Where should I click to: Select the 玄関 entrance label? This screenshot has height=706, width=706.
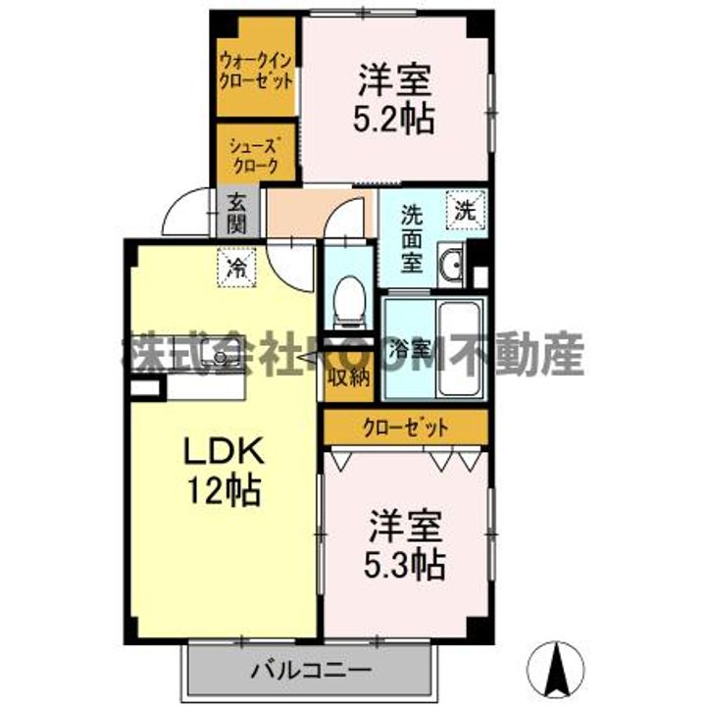click(237, 214)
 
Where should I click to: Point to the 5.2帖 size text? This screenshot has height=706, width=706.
click(395, 119)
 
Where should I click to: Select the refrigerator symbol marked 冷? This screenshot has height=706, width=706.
click(235, 267)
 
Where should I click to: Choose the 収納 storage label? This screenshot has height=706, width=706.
click(347, 376)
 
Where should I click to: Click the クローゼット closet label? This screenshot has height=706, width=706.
click(406, 428)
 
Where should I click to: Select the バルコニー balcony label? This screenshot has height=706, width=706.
click(310, 673)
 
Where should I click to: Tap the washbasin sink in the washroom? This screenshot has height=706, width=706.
click(452, 265)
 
